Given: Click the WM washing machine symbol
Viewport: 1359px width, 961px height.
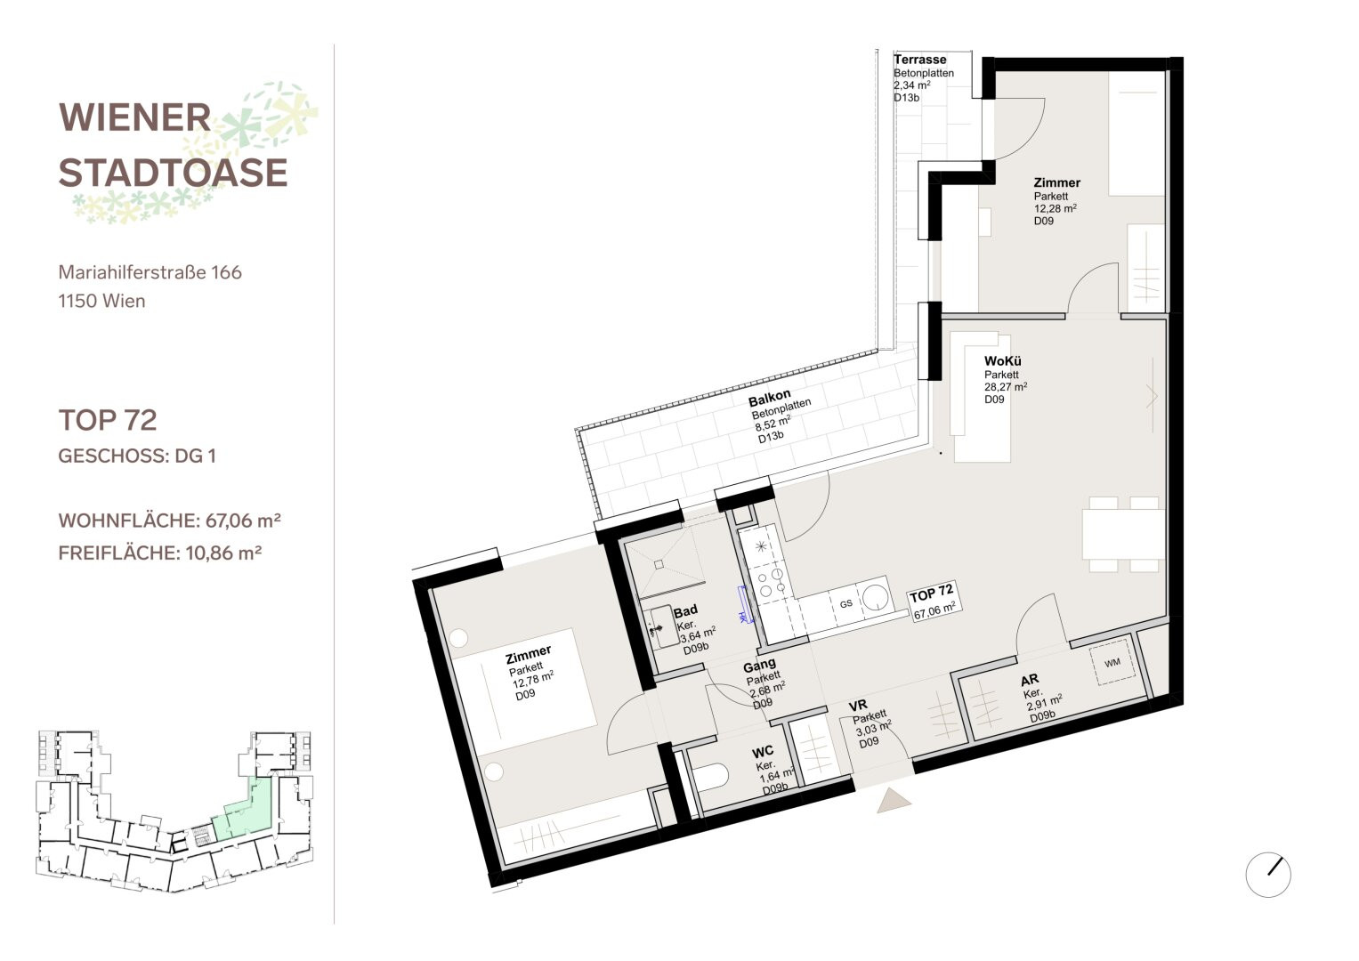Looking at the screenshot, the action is click(1111, 663).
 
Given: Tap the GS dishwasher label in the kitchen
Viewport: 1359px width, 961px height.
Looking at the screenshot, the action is click(845, 603).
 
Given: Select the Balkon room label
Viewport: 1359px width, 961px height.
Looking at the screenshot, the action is click(769, 398).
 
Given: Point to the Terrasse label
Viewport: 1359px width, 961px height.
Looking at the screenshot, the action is click(919, 60).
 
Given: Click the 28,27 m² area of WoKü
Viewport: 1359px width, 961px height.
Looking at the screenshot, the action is click(1006, 386).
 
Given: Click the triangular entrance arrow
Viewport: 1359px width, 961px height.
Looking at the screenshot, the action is click(893, 800).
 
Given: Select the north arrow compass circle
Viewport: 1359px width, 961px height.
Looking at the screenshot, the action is click(1268, 874).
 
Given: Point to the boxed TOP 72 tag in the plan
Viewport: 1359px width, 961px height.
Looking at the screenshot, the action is click(934, 601).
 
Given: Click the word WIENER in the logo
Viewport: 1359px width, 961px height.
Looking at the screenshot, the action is click(134, 117).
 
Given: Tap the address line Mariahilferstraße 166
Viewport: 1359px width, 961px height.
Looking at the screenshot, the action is click(150, 272).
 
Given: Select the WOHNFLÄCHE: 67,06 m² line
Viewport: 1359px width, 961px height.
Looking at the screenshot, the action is click(169, 521).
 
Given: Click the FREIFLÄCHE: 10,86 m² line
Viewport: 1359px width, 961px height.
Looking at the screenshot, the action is click(159, 553).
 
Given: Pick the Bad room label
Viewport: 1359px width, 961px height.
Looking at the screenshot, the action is click(685, 610).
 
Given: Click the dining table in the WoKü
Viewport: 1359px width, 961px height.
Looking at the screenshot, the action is click(1123, 534).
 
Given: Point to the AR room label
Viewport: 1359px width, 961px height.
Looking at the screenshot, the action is click(1030, 680).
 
